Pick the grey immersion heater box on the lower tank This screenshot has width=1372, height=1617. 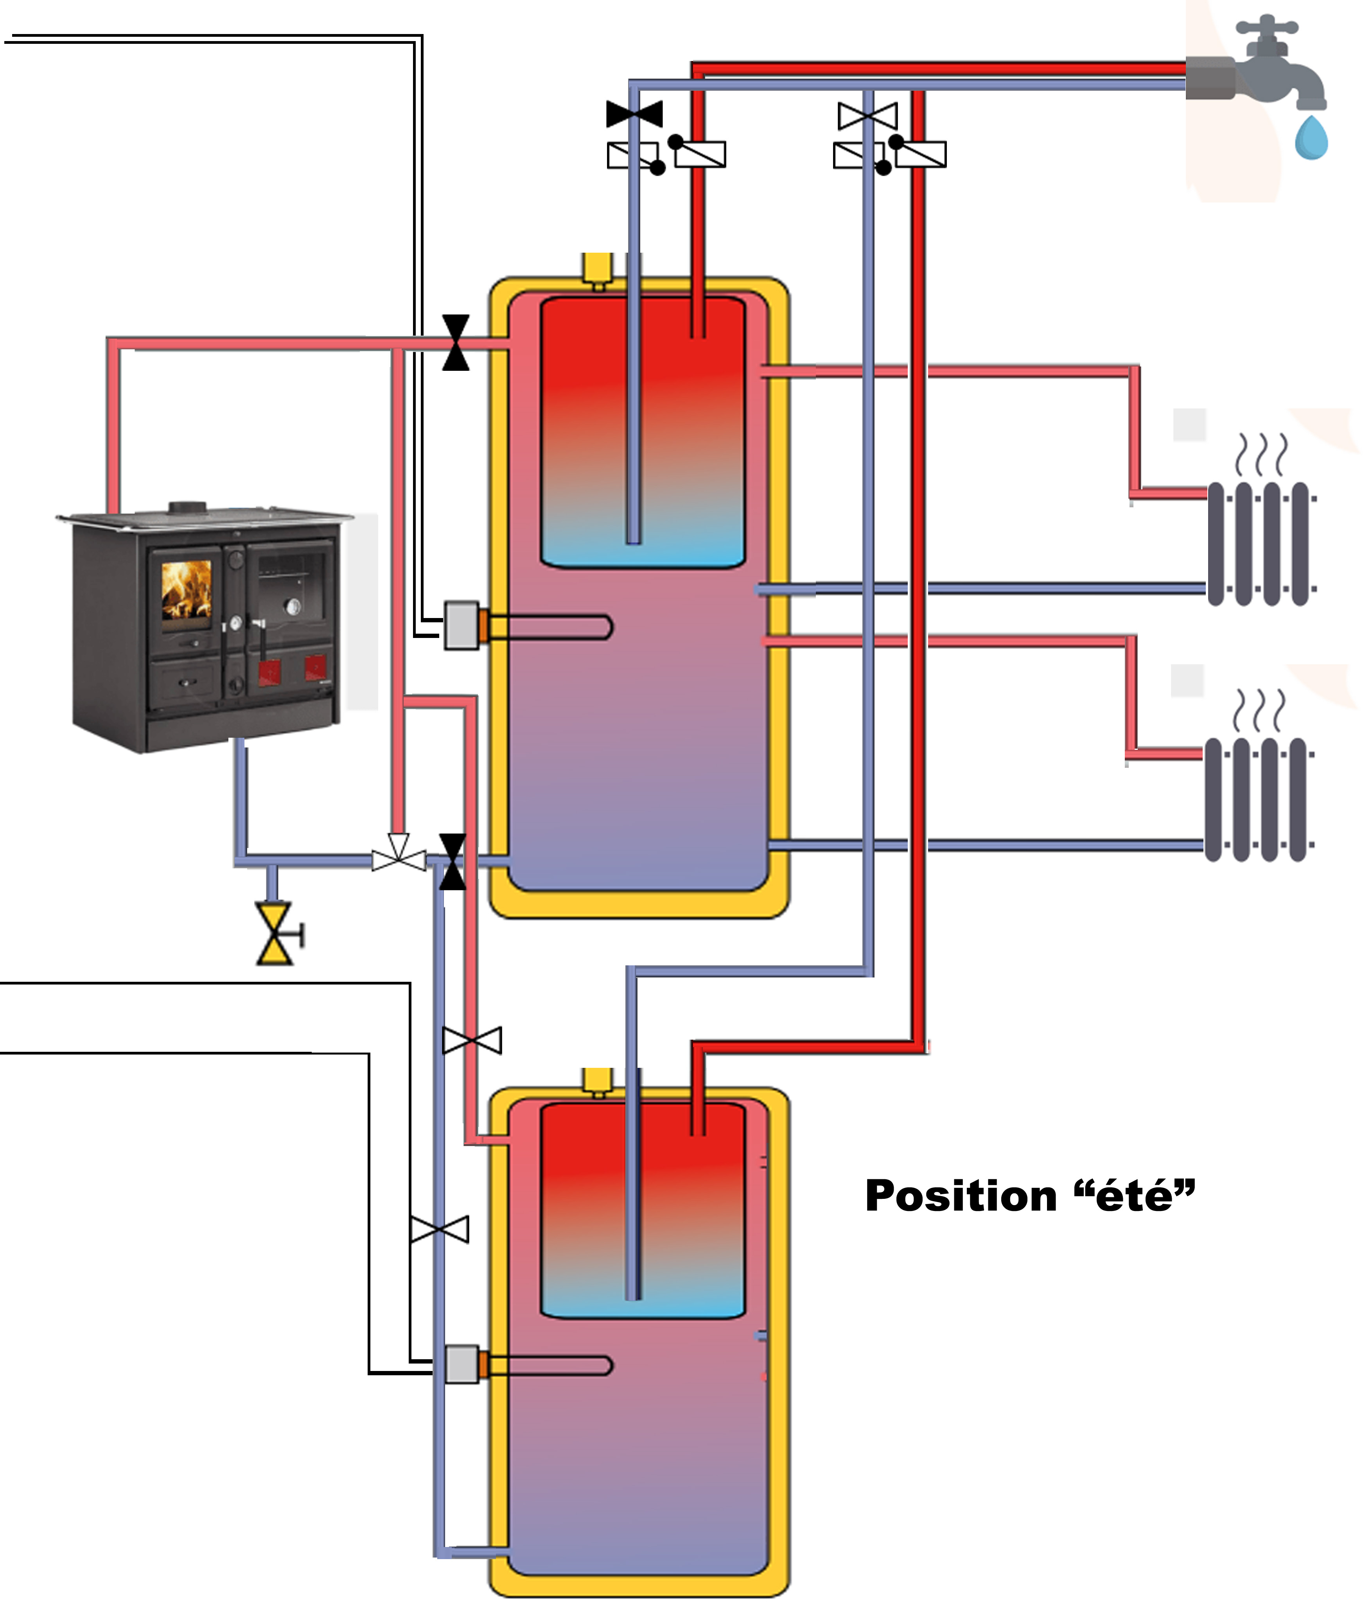click(461, 1364)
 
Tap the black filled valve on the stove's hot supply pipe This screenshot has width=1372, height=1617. click(456, 342)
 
